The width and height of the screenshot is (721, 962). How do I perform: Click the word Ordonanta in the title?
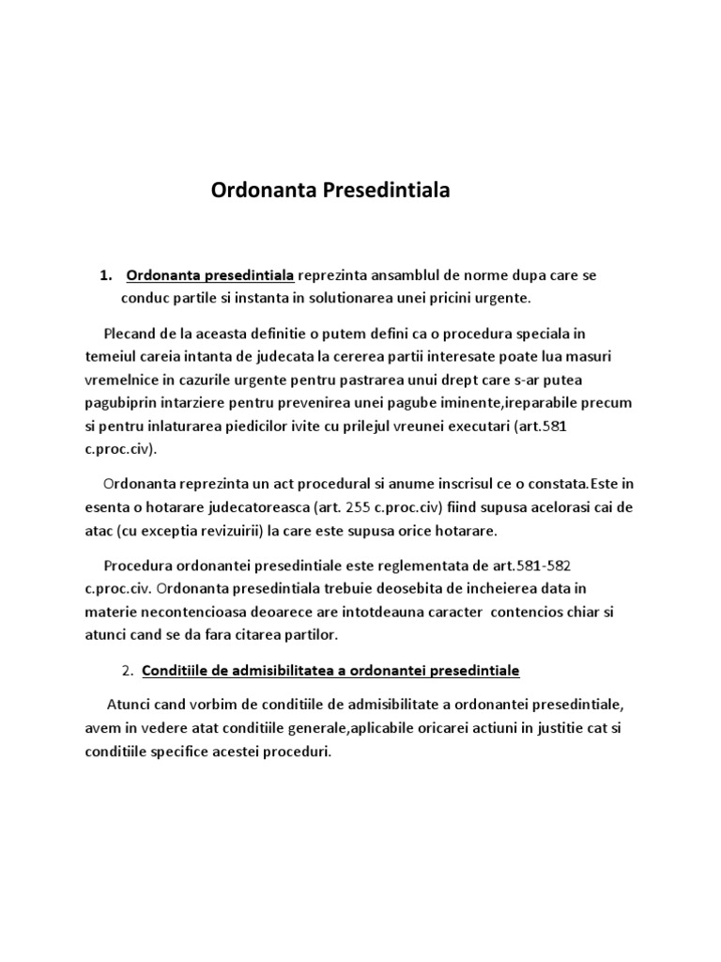click(x=264, y=191)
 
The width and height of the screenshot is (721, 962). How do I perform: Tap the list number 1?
click(x=105, y=276)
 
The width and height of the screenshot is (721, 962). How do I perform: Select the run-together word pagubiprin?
click(x=123, y=402)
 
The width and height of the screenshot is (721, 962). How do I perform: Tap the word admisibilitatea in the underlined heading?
click(x=268, y=672)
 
